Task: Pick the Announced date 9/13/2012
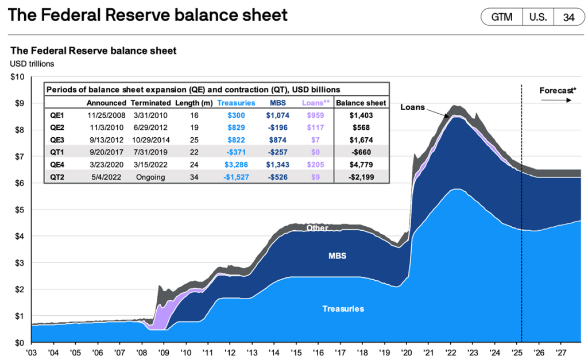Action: coord(107,140)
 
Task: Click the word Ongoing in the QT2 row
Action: coord(150,177)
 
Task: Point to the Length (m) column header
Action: coord(195,103)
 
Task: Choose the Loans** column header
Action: coord(315,103)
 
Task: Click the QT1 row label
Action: coord(57,153)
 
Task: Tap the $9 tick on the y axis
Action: coord(18,103)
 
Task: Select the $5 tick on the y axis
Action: coord(18,210)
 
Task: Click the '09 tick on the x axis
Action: coord(164,351)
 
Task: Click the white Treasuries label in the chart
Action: coord(343,309)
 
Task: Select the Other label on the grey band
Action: coord(317,228)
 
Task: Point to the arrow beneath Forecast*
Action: coord(556,100)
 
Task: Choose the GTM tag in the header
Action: coord(501,17)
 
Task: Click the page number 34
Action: coord(568,17)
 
